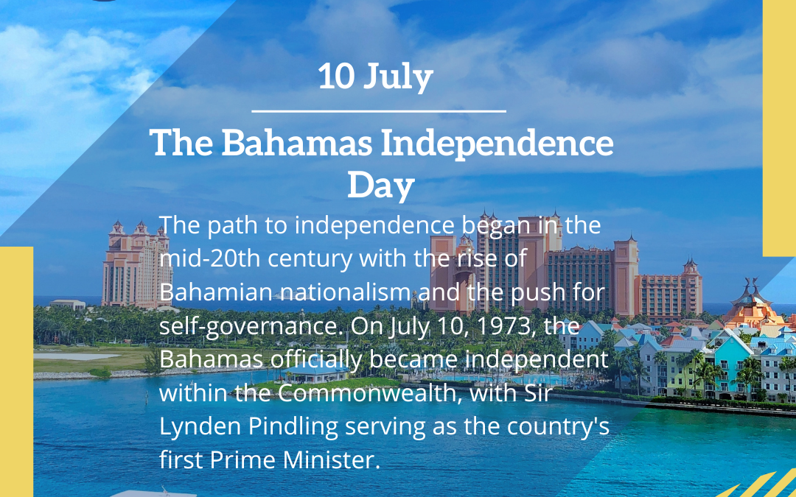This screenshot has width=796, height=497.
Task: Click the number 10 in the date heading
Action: click(335, 77)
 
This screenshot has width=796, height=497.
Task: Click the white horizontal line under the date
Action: click(379, 111)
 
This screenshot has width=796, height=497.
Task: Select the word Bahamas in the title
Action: click(296, 144)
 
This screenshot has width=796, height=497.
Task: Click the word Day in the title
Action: click(380, 186)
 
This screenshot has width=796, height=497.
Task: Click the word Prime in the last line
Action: click(244, 461)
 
